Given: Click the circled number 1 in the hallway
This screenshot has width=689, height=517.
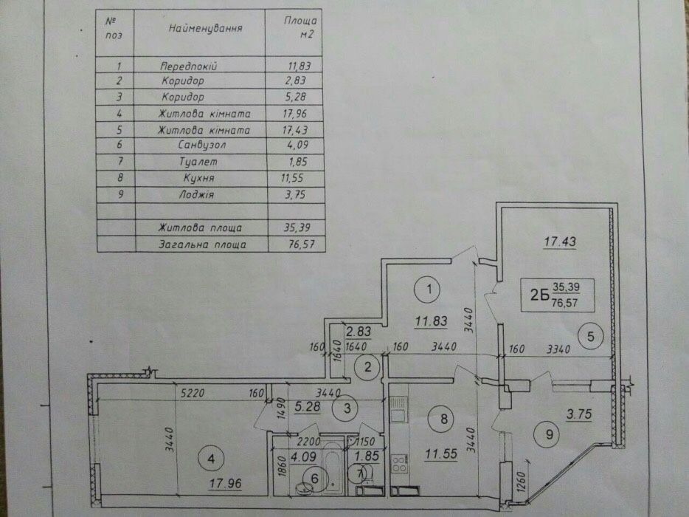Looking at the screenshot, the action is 429,289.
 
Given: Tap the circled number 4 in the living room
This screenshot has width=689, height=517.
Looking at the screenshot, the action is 212,459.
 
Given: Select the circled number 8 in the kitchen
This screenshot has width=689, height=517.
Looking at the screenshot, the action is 443,419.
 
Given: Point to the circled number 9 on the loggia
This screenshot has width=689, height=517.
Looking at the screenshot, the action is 549,434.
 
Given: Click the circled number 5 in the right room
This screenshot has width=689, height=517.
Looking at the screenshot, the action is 591,336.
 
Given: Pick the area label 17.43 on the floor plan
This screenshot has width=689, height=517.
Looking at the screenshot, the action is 560,242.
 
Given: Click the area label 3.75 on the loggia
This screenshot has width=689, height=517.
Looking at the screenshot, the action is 579,414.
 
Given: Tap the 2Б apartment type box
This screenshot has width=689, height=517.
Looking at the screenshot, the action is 558,295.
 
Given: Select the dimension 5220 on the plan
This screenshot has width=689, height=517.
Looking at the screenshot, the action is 193,392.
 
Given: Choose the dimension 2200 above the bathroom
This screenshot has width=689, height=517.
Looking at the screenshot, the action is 309,441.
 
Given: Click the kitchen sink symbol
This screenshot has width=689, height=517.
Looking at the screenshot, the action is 398,409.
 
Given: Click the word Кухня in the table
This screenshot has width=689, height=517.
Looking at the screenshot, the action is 199,178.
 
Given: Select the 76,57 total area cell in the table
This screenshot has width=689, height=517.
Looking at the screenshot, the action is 302,244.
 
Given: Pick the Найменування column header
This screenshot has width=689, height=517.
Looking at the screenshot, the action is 206,29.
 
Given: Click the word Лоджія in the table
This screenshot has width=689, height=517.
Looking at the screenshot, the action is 196,194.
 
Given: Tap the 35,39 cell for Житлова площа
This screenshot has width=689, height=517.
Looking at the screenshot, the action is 297,227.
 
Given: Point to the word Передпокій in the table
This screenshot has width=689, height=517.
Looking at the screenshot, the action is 189,66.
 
